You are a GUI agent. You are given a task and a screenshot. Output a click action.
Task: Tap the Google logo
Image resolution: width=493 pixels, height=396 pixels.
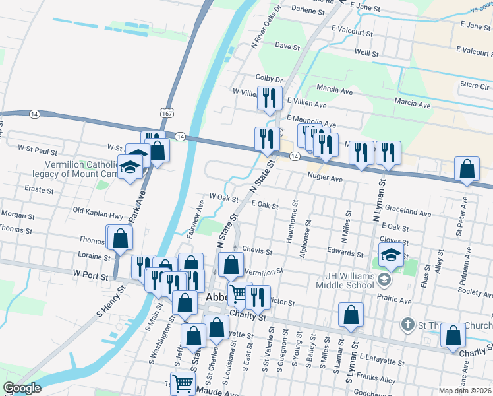pos(22,388)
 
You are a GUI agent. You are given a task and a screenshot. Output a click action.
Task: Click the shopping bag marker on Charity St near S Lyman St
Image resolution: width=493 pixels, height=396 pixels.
pos(351,316)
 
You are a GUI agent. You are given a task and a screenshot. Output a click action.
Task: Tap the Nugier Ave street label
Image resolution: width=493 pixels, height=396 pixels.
pos(325,178)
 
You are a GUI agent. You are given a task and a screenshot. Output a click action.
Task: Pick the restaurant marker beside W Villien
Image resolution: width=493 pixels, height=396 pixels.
pos(269,99)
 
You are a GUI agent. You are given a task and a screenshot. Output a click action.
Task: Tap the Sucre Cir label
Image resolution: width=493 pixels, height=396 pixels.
pos(474,86)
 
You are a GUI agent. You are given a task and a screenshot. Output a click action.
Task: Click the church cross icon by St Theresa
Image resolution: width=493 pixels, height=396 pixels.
pos(407,325)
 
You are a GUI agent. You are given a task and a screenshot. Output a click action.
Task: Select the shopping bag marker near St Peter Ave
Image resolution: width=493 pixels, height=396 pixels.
pos(467,170)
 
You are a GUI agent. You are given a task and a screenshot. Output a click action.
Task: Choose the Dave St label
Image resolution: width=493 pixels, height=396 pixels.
pos(287,46)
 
